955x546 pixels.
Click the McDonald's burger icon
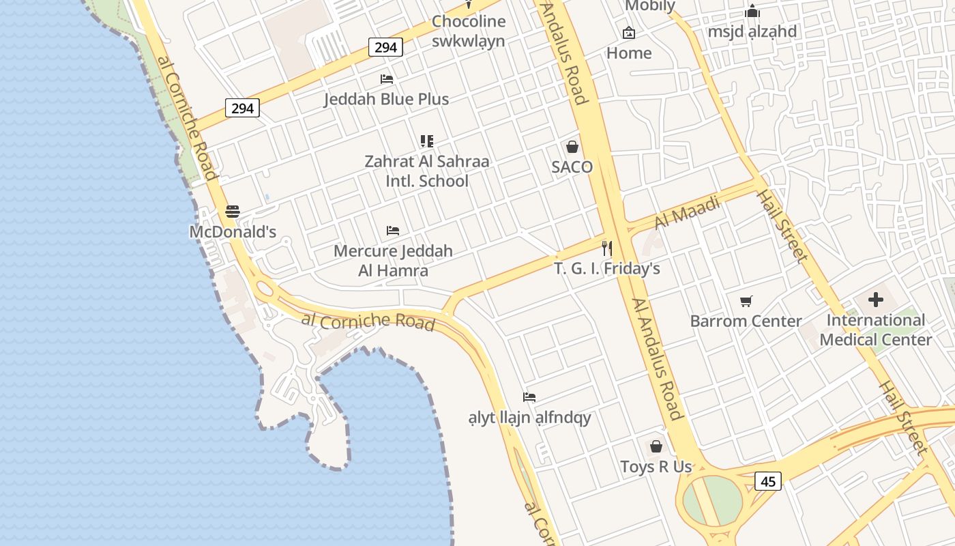pos(233,212)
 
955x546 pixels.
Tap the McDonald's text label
pos(233,232)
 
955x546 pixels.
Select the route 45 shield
pos(768,481)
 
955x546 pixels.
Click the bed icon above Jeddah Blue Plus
pos(387,79)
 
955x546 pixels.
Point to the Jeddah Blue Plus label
pos(386,99)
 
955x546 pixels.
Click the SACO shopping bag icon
pos(572,147)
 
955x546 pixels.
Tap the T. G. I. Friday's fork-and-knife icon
pos(606,248)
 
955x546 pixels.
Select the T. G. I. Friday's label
pos(606,268)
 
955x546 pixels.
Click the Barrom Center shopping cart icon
pos(746,301)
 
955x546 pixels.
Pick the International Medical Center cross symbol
pos(876,300)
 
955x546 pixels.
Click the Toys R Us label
pos(656,467)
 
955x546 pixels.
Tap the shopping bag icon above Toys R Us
pos(656,446)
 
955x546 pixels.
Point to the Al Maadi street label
pos(687,213)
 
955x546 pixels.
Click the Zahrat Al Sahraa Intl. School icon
pos(427,141)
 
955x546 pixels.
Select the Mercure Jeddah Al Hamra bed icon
pos(393,231)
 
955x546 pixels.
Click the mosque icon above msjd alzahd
pos(752,12)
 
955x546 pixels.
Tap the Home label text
pos(628,53)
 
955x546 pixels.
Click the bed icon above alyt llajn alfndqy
pos(529,397)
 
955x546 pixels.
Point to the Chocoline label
pos(469,21)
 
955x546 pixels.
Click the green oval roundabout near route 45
pos(712,500)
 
